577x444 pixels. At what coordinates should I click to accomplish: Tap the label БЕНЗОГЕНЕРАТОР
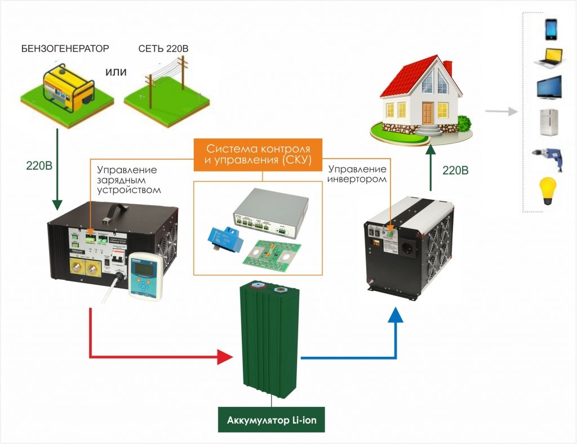tap(65, 48)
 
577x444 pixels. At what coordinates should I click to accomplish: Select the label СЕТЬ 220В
tap(163, 48)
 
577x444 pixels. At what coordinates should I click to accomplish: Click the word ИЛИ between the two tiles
tap(116, 72)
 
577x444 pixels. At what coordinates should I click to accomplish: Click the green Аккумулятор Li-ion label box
tap(272, 420)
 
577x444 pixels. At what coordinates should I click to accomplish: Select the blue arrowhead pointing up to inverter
tap(397, 316)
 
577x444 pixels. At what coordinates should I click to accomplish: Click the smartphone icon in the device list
tap(551, 29)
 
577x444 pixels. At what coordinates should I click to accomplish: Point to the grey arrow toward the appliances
tap(503, 111)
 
